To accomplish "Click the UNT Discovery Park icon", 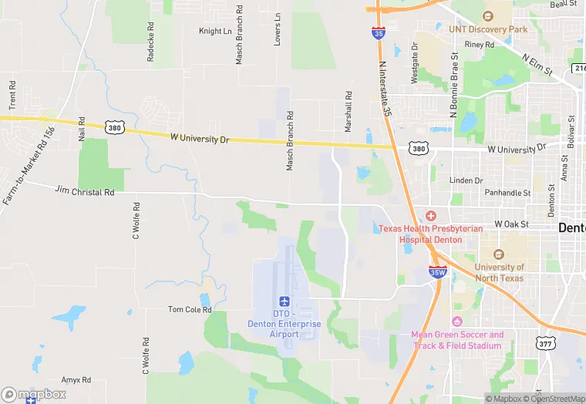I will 487,16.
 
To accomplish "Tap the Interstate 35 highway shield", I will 378,33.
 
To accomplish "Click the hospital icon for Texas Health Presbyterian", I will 431,217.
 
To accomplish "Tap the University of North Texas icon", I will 499,254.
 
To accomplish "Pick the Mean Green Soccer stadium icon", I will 457,321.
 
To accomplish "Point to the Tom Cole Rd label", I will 190,309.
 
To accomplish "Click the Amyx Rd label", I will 76,380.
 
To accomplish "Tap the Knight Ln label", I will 215,32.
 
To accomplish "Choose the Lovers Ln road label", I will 278,29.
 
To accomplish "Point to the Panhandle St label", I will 506,193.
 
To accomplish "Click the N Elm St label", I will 537,64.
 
